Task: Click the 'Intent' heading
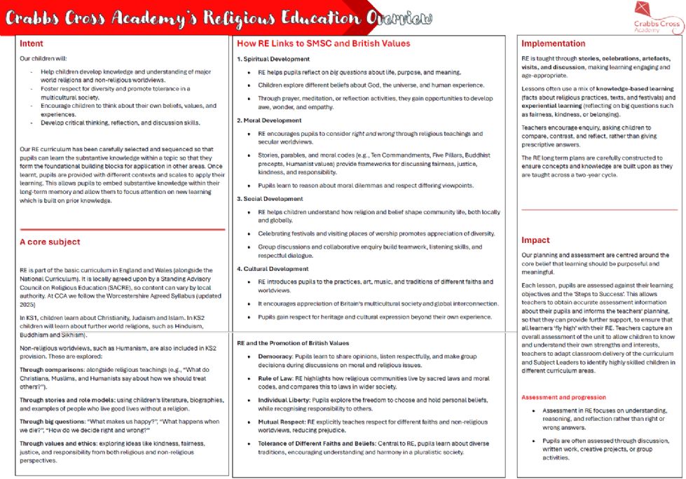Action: point(32,44)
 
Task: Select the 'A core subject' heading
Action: point(50,242)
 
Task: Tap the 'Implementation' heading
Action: point(554,43)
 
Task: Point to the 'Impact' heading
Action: point(535,240)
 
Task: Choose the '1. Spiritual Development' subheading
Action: point(273,59)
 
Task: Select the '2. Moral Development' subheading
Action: point(268,120)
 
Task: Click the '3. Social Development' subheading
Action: point(268,199)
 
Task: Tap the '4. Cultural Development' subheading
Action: point(271,268)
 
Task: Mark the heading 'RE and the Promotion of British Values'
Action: point(292,343)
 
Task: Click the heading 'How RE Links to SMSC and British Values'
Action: point(324,43)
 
